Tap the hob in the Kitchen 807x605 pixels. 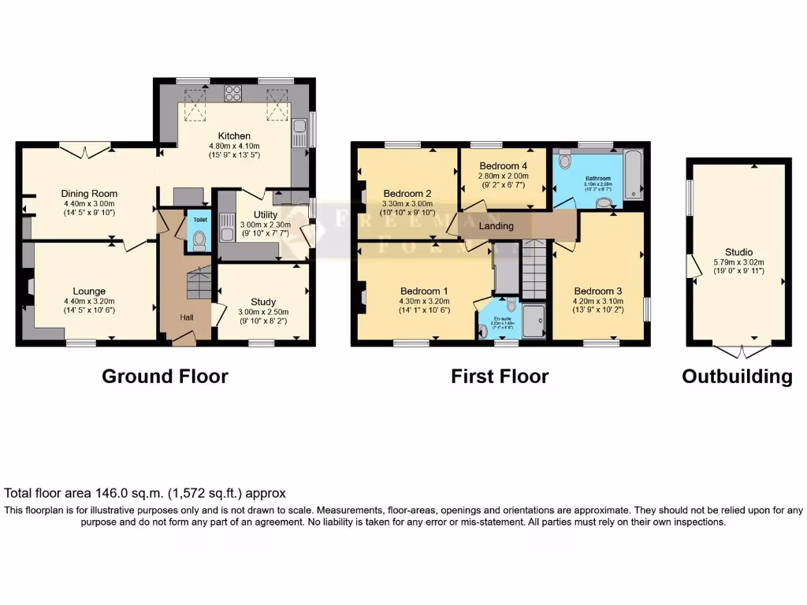point(234,93)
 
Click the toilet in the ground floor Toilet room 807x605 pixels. point(199,239)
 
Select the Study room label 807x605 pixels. point(263,302)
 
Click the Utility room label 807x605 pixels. point(264,214)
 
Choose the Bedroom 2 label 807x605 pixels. point(407,194)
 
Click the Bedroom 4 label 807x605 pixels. point(503,166)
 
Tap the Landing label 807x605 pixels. point(496,226)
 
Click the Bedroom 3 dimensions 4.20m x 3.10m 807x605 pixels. point(598,300)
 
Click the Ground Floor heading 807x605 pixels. point(165,377)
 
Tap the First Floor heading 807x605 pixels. point(500,377)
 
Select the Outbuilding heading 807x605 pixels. point(737,377)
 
